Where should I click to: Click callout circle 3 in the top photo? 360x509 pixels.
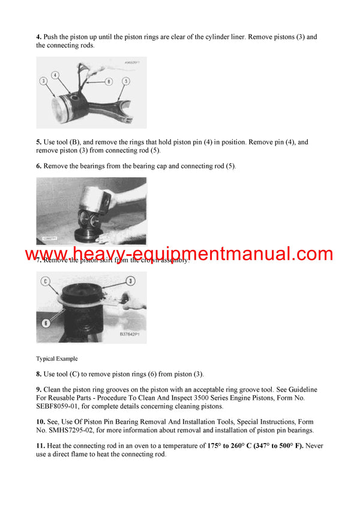point(43,80)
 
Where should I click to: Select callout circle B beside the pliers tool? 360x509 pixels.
point(109,81)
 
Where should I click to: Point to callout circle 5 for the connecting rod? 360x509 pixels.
point(126,80)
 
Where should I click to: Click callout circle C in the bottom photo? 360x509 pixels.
point(44,281)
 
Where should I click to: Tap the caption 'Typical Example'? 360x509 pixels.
point(57,359)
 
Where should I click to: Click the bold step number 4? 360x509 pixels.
point(38,37)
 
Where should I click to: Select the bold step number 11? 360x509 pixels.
point(40,445)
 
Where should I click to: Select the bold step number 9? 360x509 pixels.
point(38,390)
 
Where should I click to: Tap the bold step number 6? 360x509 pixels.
point(38,165)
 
